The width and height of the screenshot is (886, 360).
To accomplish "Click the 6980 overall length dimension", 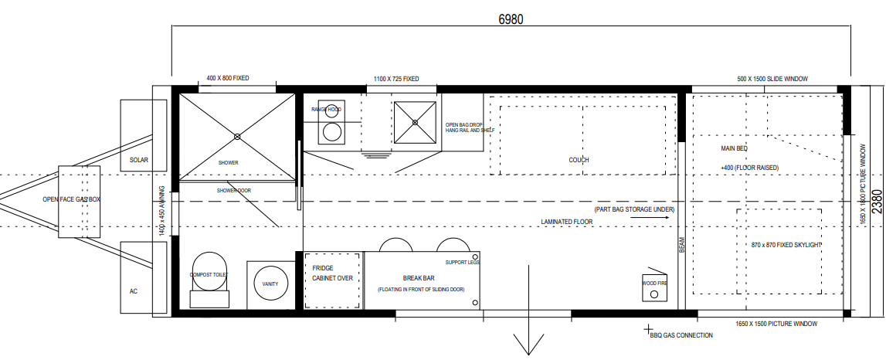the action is (x=511, y=19).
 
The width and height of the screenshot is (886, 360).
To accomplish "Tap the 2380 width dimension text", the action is (x=877, y=201).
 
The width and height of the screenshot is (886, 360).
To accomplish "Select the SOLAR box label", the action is (x=139, y=160).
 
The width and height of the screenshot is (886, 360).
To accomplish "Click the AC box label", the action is (x=134, y=291).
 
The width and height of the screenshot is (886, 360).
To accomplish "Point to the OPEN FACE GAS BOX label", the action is (x=72, y=199).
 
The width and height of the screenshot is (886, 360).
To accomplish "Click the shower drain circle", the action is (x=237, y=136).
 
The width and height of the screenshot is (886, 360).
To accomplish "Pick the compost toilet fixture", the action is (x=209, y=279).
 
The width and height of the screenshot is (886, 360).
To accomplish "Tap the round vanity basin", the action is (x=270, y=284).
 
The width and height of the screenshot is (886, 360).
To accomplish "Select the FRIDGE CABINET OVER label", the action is (x=332, y=273).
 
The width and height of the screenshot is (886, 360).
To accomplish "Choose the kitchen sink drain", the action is (x=416, y=122).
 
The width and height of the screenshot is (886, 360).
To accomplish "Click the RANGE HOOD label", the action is (x=327, y=110).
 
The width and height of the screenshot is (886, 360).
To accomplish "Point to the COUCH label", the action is (x=579, y=160).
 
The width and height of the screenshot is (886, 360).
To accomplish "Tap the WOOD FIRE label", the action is (x=655, y=284).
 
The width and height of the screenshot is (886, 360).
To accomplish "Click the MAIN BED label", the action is (x=734, y=148).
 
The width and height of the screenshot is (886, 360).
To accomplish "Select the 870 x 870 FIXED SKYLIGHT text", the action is (x=786, y=245).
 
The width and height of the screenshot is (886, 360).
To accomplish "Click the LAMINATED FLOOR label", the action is (x=567, y=222).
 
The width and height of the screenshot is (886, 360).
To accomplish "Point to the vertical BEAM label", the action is (x=681, y=245).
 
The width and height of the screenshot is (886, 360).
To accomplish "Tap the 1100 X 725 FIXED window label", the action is (x=396, y=79).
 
